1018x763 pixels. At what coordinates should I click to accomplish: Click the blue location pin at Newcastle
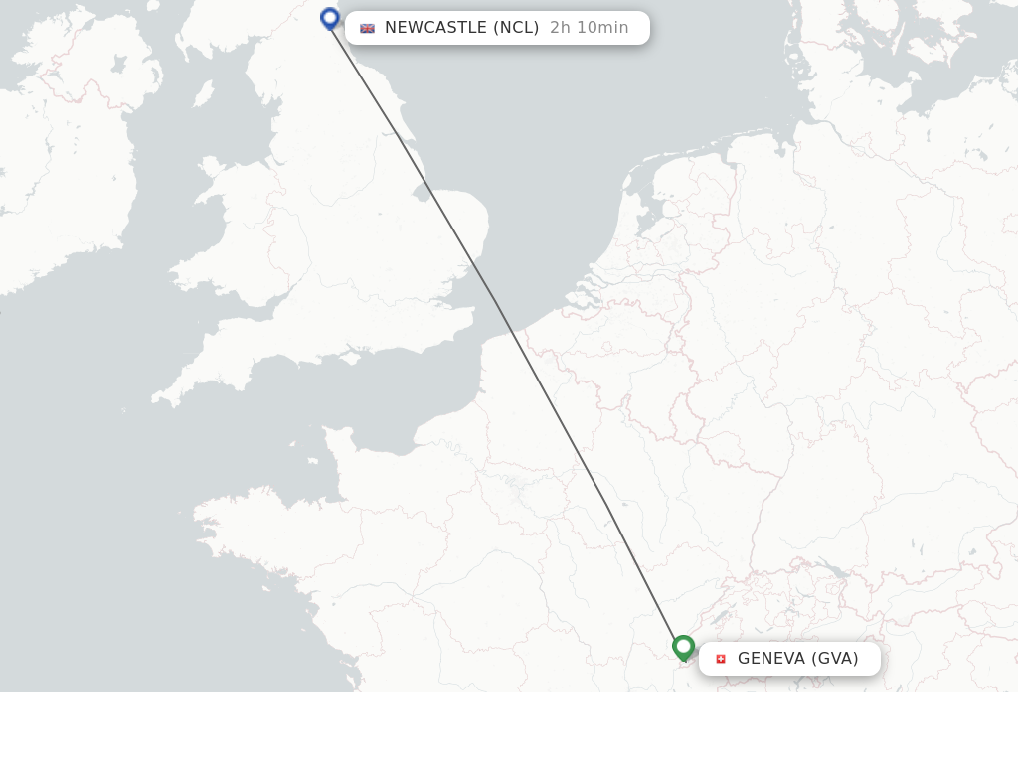(330, 18)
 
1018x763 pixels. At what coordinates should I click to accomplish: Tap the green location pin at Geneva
(683, 648)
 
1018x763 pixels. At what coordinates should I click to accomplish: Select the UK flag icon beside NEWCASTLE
(367, 28)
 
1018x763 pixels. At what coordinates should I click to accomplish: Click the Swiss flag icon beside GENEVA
(721, 659)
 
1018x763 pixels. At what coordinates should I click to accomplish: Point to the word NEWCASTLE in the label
(435, 28)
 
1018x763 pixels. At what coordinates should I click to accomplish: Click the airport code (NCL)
(516, 28)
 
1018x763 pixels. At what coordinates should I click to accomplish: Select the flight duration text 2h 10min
(589, 28)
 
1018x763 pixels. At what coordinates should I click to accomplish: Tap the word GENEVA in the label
(771, 659)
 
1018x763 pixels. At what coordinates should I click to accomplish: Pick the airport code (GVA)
(835, 659)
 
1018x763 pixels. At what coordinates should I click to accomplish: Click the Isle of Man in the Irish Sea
(203, 93)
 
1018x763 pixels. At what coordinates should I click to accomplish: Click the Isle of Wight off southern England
(350, 354)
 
